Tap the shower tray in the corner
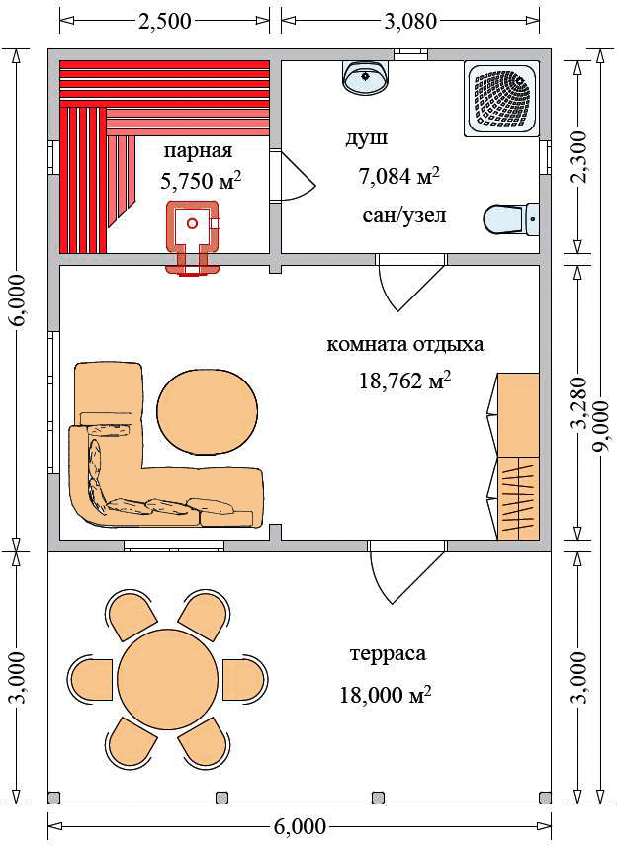click(501, 98)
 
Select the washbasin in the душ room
click(366, 77)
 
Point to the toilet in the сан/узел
click(510, 219)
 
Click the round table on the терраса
click(168, 678)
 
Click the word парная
click(198, 150)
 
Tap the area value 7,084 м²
click(398, 177)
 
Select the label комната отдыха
click(404, 344)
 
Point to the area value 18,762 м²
click(404, 381)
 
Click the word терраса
click(389, 654)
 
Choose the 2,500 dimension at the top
click(165, 21)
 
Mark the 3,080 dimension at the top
click(409, 21)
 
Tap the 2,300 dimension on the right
click(578, 157)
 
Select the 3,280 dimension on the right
click(580, 402)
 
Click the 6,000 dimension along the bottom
click(300, 825)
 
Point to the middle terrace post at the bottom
click(221, 798)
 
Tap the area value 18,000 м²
click(386, 695)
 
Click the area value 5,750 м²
click(201, 181)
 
